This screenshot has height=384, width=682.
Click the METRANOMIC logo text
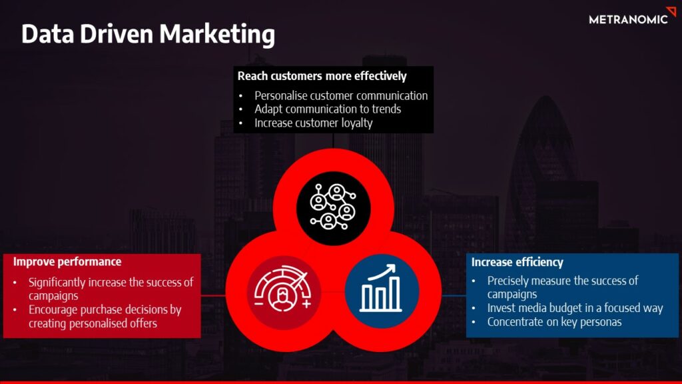(x=628, y=19)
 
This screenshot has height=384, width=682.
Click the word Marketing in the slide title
(x=217, y=35)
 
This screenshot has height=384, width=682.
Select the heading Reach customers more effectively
(x=322, y=76)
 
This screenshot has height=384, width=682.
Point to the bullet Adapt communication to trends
(x=328, y=109)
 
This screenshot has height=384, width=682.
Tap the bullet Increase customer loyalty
(x=314, y=123)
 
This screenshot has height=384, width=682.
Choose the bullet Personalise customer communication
(x=341, y=95)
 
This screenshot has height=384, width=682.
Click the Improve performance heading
(x=67, y=261)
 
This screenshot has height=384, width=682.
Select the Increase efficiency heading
(x=517, y=262)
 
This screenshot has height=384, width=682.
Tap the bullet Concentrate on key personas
(x=554, y=322)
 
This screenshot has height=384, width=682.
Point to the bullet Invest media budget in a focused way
(x=575, y=308)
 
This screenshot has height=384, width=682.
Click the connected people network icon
(x=333, y=207)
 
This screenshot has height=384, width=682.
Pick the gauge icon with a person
(x=282, y=289)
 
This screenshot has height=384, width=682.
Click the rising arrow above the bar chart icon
(x=382, y=272)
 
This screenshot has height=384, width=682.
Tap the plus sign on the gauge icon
(x=306, y=303)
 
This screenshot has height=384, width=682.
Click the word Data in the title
(x=48, y=35)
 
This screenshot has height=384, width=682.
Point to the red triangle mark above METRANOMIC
(x=671, y=11)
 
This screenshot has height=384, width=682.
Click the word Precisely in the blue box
(x=508, y=281)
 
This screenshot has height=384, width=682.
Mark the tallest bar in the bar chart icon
(x=395, y=294)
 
